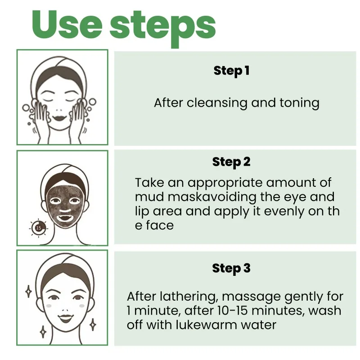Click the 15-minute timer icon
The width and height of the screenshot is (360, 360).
coord(38,228)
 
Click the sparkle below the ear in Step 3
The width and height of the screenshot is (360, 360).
coord(92,323)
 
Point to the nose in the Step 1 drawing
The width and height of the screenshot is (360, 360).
coord(62,107)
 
